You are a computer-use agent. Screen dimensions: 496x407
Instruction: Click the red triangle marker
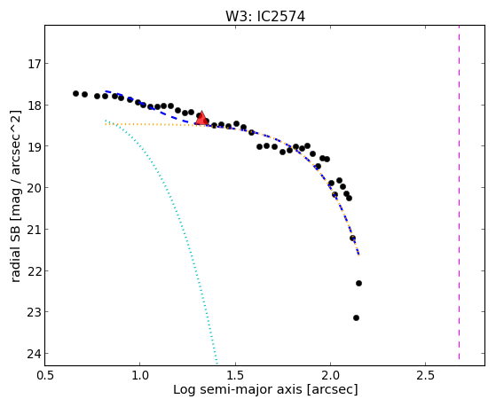pos(201,119)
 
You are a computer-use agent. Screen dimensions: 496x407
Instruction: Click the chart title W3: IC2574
pos(265,17)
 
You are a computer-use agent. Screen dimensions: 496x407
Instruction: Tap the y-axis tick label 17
pos(34,64)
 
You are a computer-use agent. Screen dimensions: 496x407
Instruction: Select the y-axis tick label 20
pos(34,188)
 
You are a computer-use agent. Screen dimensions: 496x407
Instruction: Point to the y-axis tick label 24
pos(34,354)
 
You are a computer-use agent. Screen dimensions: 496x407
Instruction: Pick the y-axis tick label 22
pos(34,271)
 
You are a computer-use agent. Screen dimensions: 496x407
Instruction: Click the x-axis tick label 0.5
pos(45,376)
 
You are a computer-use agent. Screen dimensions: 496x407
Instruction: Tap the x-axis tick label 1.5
pos(235,376)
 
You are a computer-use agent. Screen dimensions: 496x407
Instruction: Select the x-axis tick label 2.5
pos(425,376)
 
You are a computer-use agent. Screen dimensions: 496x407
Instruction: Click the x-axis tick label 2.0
pos(330,376)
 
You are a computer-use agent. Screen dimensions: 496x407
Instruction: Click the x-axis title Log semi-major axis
pos(238,389)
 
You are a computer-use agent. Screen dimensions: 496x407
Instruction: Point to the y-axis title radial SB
pos(15,253)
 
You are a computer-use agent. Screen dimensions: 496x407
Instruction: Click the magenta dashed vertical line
pos(459,192)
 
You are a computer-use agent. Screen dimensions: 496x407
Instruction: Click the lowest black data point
pos(356,317)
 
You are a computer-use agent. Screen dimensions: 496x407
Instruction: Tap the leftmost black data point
pos(75,93)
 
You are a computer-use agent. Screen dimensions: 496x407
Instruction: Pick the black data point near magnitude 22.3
pos(358,283)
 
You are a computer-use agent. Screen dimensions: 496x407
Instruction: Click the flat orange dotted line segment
pos(150,125)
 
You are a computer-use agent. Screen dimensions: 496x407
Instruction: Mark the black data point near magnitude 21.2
pos(353,238)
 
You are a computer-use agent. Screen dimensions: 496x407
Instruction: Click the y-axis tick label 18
pos(34,106)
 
